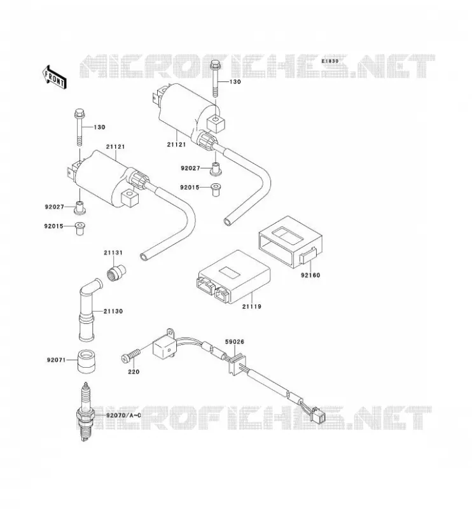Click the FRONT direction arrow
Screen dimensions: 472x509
click(x=55, y=77)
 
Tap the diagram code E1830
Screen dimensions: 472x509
click(x=331, y=61)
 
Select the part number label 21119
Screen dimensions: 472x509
click(x=251, y=306)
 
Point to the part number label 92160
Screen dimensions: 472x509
click(x=310, y=275)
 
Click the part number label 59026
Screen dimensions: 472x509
click(x=235, y=342)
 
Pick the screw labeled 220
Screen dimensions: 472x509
click(x=130, y=355)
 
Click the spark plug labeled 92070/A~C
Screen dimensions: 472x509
click(x=86, y=411)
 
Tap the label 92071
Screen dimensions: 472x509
click(x=56, y=359)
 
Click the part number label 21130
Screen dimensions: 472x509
click(x=113, y=311)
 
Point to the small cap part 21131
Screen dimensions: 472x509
click(x=116, y=273)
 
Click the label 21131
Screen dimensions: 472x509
click(x=113, y=252)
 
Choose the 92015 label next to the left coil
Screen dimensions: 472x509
click(x=53, y=226)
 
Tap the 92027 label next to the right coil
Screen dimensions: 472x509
click(x=191, y=168)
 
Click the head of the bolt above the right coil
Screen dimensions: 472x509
click(x=215, y=66)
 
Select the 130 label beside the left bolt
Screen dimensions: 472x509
click(x=99, y=127)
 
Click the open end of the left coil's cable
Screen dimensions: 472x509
click(x=144, y=257)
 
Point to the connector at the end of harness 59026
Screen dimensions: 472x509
click(x=317, y=415)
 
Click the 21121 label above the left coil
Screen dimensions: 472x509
click(x=115, y=147)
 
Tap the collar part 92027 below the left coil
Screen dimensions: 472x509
click(x=80, y=208)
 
